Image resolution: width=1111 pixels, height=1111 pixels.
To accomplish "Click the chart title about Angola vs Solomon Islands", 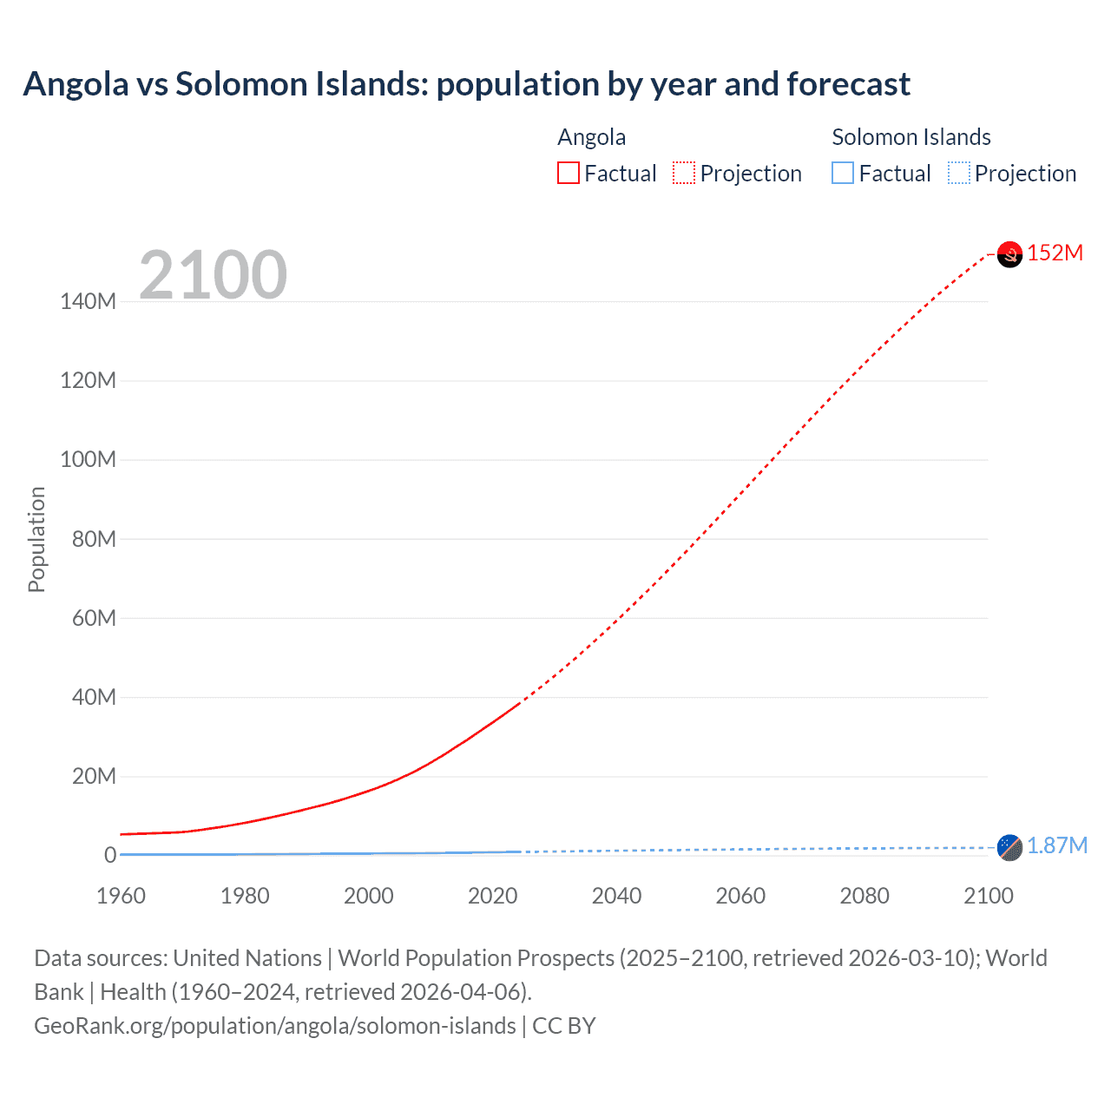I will coord(466,84).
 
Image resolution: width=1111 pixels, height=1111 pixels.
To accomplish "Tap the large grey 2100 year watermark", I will coord(213,275).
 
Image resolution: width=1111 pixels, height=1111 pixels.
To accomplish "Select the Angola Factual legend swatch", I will coord(569,174).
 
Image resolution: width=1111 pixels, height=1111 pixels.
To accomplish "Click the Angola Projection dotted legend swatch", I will coord(684,174).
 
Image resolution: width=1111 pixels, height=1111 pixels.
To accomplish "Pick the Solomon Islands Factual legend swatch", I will coord(843,174).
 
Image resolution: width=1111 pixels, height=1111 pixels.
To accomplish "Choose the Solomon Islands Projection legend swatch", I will coord(958,174).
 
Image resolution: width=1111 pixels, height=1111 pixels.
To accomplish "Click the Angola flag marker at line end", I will coord(1009,254).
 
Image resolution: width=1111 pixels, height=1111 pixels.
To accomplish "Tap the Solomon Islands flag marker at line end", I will coord(1009,847).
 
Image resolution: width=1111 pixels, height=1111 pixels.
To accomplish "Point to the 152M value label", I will coord(1055,253).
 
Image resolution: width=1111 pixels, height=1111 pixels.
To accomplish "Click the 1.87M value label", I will coord(1056,845).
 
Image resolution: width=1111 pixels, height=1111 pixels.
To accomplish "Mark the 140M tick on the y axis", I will coord(88,302).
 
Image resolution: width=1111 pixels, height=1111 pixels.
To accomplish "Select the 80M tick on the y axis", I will coord(93,539).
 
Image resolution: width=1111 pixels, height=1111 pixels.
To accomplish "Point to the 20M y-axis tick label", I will coord(93,776).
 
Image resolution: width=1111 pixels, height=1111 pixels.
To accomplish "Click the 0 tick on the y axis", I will coord(110,855).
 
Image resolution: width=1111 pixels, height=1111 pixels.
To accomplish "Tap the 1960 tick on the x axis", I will coord(121,896).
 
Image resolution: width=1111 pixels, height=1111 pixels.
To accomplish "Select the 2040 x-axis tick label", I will coord(616,896).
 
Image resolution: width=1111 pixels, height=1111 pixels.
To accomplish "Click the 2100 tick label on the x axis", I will coord(988,896).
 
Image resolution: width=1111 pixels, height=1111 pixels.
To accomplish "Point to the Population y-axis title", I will coord(36,539).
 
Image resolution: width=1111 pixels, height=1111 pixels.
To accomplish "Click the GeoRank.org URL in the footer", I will coord(275,1026).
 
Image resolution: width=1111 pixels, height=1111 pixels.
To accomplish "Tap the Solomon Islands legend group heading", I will coord(910,137).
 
